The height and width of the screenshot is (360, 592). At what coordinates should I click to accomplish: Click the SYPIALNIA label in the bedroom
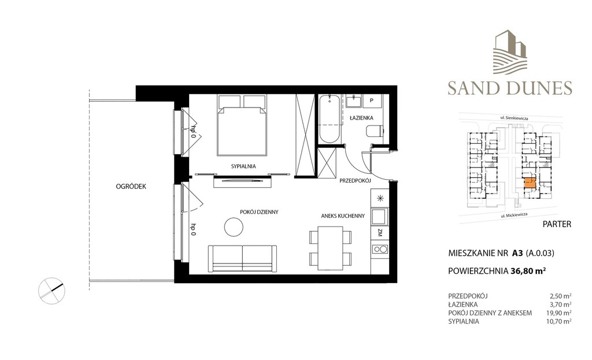click(x=243, y=166)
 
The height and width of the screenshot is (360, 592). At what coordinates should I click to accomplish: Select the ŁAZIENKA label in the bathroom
click(x=361, y=118)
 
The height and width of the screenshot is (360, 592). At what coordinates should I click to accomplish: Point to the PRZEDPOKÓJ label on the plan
click(x=355, y=181)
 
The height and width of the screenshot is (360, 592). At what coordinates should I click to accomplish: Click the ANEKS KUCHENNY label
click(x=343, y=216)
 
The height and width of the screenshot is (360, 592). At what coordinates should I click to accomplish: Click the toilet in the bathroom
click(x=374, y=132)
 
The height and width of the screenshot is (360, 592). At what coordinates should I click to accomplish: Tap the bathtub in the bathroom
click(x=330, y=119)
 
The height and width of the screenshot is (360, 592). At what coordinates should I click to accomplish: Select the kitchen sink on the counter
click(x=379, y=217)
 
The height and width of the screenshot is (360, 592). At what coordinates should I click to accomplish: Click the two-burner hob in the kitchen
click(x=380, y=249)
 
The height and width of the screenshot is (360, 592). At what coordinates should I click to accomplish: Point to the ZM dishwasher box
click(x=380, y=233)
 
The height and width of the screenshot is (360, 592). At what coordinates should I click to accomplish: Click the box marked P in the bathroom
click(x=372, y=101)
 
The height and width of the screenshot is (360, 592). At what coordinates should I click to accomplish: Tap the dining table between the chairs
click(x=330, y=248)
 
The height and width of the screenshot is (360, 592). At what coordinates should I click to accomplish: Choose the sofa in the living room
click(x=242, y=258)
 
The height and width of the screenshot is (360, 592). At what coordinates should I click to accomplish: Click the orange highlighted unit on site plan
click(x=530, y=183)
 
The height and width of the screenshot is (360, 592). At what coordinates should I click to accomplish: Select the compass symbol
click(x=51, y=291)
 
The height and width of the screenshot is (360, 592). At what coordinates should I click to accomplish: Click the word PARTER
click(x=557, y=224)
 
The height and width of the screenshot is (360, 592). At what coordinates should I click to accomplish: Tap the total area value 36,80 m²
click(x=528, y=271)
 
